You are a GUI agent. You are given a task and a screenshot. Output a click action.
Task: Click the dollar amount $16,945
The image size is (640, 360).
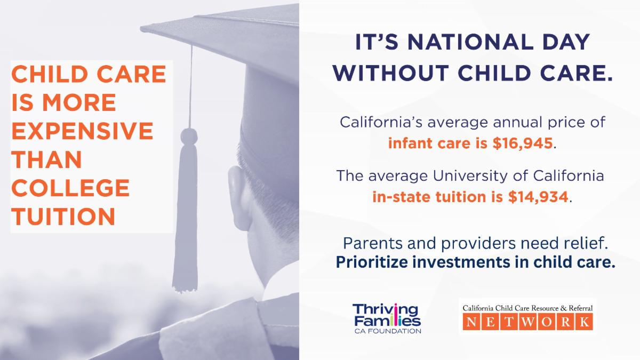523,143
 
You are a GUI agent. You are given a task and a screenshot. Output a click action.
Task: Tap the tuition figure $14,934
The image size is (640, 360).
538,197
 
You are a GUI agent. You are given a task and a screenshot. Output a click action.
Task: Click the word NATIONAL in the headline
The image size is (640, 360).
470,42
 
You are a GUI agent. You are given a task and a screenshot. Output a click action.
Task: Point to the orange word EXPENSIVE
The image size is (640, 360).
82,131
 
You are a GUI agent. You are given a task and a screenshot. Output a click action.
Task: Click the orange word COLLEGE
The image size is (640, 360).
70,188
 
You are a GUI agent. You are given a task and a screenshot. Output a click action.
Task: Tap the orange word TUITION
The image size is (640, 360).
63,216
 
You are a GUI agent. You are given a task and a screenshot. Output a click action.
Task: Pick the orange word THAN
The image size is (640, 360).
47,159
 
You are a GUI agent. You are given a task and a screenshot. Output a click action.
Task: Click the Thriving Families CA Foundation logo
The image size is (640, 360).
387,318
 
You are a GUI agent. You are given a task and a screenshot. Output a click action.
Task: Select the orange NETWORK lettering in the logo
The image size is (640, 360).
527,322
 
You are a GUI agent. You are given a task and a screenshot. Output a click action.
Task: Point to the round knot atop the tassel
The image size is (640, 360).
189,137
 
